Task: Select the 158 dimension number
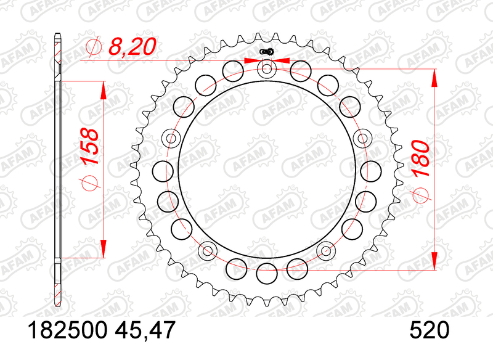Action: point(90,147)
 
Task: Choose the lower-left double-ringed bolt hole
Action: point(208,250)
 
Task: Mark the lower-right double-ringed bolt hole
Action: point(325,250)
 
